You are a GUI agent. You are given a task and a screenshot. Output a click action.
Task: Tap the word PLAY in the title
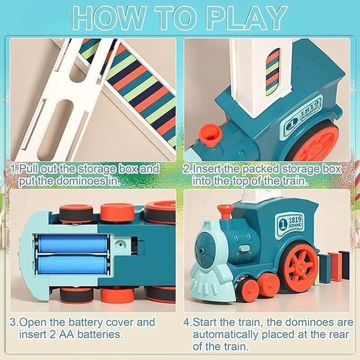coord(246,18)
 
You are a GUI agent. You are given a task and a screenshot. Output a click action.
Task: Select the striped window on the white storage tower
coord(272,72)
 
